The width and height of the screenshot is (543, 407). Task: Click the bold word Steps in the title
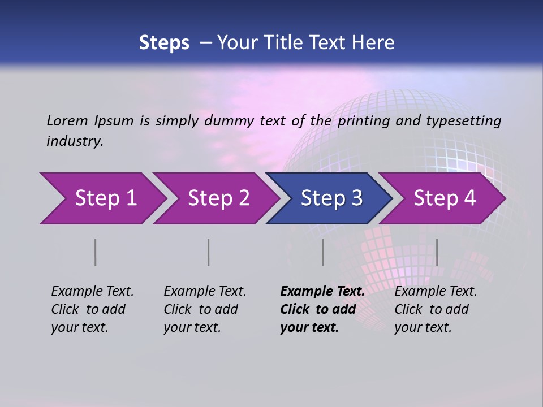[x=164, y=43]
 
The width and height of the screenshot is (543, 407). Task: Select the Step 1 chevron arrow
[x=102, y=198]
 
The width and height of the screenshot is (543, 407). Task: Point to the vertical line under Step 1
[x=96, y=252]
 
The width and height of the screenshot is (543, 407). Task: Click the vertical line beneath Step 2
[x=209, y=252]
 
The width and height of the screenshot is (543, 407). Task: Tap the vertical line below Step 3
[x=323, y=252]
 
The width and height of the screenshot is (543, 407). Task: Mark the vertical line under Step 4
[x=437, y=252]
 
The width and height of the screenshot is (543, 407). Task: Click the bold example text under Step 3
[x=322, y=309]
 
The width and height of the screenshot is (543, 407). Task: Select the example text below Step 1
[x=92, y=309]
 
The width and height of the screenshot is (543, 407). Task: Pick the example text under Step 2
[x=204, y=309]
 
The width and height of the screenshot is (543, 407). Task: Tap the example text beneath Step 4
[x=435, y=309]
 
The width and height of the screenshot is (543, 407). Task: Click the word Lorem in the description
[x=67, y=120]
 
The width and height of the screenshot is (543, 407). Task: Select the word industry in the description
[x=74, y=141]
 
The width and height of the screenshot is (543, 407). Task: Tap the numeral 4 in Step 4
[x=469, y=198]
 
